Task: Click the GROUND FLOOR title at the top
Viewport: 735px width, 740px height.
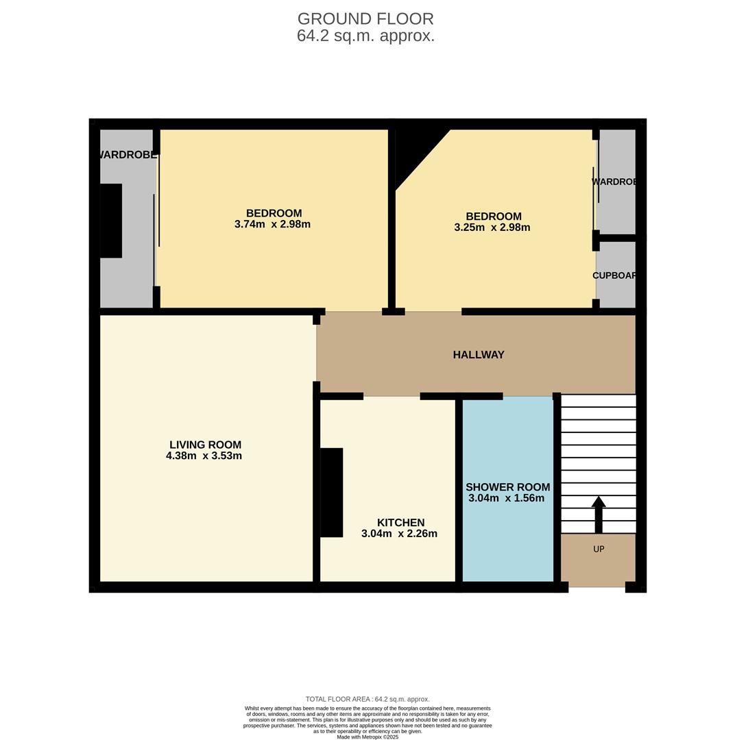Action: pyautogui.click(x=365, y=19)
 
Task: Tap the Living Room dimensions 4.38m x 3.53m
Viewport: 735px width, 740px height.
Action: pyautogui.click(x=204, y=456)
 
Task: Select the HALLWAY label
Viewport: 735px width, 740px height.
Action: pyautogui.click(x=478, y=355)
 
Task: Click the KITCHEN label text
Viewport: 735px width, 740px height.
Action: pyautogui.click(x=400, y=523)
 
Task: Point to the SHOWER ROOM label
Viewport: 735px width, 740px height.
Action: pyautogui.click(x=507, y=487)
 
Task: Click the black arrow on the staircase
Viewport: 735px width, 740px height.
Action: pyautogui.click(x=599, y=514)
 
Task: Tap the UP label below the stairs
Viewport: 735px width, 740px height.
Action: pyautogui.click(x=599, y=550)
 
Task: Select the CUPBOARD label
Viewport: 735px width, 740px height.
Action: pyautogui.click(x=615, y=275)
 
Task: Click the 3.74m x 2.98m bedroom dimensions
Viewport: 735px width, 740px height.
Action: pyautogui.click(x=272, y=224)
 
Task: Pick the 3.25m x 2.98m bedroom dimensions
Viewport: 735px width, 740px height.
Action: pyautogui.click(x=492, y=227)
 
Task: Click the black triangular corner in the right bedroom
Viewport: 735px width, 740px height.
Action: pyautogui.click(x=415, y=151)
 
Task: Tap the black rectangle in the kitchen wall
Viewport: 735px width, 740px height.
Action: pyautogui.click(x=332, y=492)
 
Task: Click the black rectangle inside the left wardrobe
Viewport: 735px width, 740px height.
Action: pyautogui.click(x=111, y=221)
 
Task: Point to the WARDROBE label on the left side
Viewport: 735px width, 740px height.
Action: pyautogui.click(x=128, y=155)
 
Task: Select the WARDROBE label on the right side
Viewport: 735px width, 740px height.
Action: pyautogui.click(x=615, y=182)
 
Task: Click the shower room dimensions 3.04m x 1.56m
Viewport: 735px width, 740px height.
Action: pyautogui.click(x=506, y=498)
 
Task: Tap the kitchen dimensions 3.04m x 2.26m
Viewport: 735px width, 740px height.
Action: pyautogui.click(x=399, y=534)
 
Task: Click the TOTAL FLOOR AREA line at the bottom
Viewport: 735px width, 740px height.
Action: pyautogui.click(x=367, y=700)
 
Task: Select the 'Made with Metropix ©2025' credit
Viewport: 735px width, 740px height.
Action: pyautogui.click(x=367, y=737)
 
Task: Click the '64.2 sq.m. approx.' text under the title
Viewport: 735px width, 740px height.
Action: pyautogui.click(x=365, y=36)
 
